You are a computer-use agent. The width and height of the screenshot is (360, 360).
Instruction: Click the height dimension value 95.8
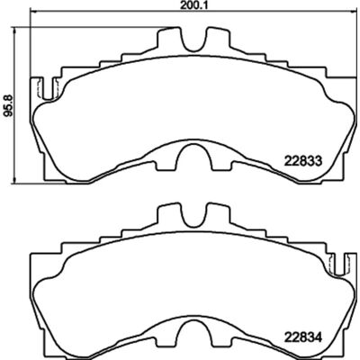tap(7, 105)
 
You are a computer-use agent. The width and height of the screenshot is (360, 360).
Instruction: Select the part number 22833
tap(302, 161)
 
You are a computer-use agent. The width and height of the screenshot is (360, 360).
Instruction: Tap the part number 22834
tap(302, 338)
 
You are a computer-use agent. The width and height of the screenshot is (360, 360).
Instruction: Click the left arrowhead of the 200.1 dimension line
tap(33, 13)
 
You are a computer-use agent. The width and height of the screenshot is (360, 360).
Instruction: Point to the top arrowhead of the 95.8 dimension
tap(13, 30)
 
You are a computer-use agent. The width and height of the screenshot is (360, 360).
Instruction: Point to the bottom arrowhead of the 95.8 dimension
tap(13, 179)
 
